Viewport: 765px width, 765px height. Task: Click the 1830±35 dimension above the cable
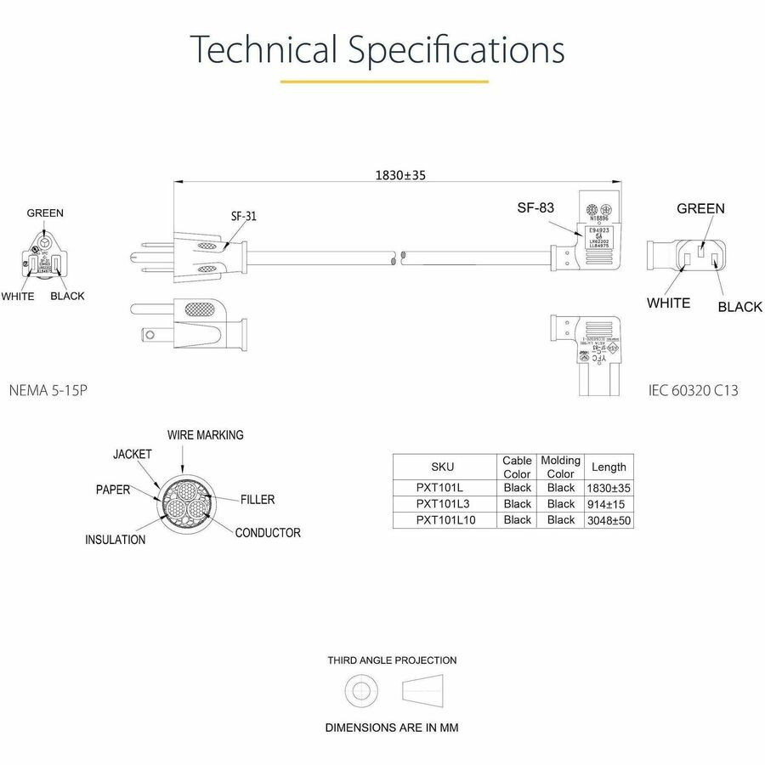pos(400,175)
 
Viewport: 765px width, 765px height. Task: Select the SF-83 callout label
pos(536,207)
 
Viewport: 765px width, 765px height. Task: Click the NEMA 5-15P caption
pos(48,391)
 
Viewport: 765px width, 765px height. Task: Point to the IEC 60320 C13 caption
pos(693,391)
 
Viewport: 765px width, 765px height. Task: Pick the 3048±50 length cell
pos(609,519)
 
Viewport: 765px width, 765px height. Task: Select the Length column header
pos(609,467)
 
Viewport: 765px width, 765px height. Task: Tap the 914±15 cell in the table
pos(609,503)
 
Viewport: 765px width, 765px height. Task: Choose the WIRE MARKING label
pos(205,434)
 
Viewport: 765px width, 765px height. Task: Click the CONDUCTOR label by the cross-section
pos(268,533)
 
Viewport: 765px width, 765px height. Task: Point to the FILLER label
pos(258,500)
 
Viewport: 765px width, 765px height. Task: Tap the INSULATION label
pos(115,540)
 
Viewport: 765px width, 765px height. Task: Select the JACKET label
pos(133,454)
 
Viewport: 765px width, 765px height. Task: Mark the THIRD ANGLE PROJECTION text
pos(392,660)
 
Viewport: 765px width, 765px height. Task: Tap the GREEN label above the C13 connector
pos(700,208)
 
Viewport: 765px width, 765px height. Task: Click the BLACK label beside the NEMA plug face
pos(67,296)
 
